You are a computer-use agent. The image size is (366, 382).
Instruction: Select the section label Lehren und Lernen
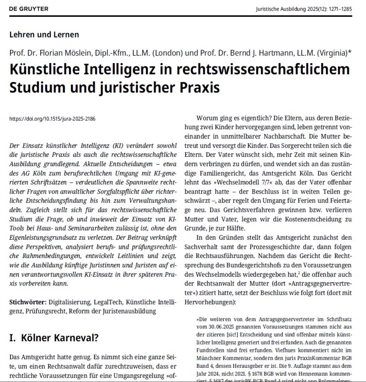(44, 34)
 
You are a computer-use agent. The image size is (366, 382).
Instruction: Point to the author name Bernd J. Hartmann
(271, 52)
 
